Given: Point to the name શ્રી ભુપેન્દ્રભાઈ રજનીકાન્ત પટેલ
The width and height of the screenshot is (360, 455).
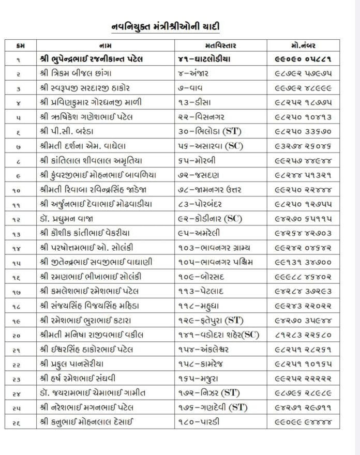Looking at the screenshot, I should [100, 58].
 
